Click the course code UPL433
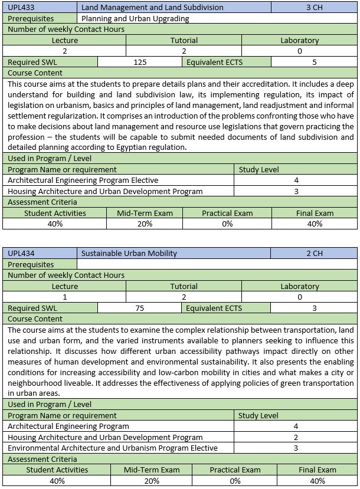pyautogui.click(x=22, y=8)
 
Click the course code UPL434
pyautogui.click(x=22, y=254)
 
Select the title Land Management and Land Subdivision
pyautogui.click(x=152, y=8)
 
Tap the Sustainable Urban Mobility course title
pyautogui.click(x=129, y=254)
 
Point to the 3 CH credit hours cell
pyautogui.click(x=314, y=8)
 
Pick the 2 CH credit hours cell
pyautogui.click(x=314, y=254)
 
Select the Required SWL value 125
pyautogui.click(x=140, y=62)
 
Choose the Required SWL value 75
pyautogui.click(x=140, y=308)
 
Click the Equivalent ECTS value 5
pyautogui.click(x=314, y=62)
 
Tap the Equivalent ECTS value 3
pyautogui.click(x=314, y=308)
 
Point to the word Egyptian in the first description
pyautogui.click(x=138, y=147)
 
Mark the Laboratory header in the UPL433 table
pyautogui.click(x=300, y=41)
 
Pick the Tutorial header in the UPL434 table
pyautogui.click(x=184, y=287)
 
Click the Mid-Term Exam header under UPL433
pyautogui.click(x=145, y=214)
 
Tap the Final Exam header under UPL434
pyautogui.click(x=317, y=470)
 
